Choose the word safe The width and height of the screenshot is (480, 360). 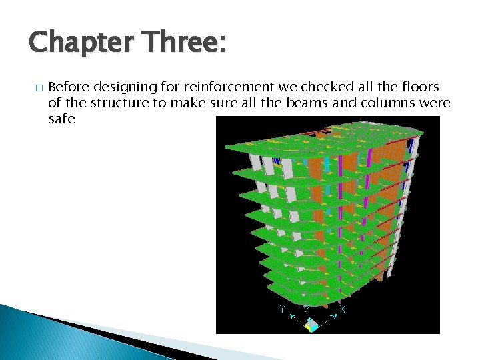pyautogui.click(x=62, y=119)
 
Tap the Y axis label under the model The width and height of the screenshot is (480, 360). pyautogui.click(x=283, y=309)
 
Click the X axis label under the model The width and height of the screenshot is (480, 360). pyautogui.click(x=342, y=310)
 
